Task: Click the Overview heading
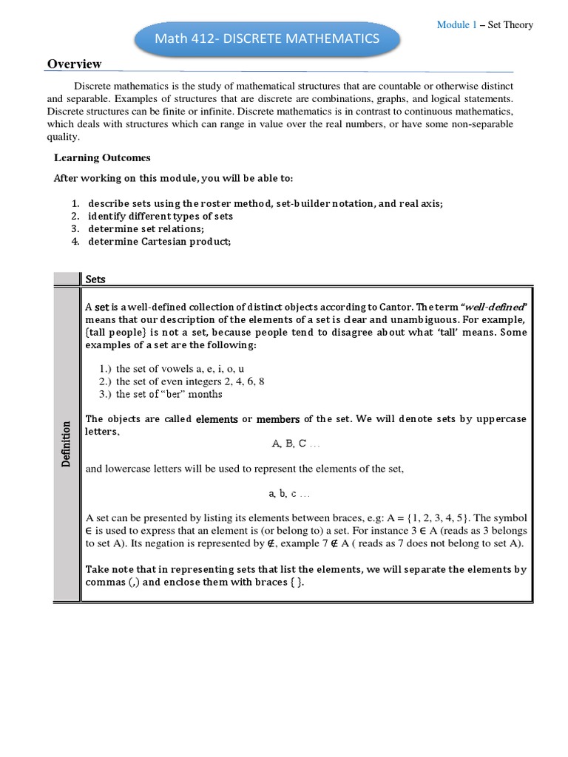pyautogui.click(x=74, y=64)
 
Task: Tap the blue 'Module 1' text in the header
pyautogui.click(x=456, y=24)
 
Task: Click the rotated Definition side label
pyautogui.click(x=66, y=444)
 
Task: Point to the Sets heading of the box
pyautogui.click(x=95, y=279)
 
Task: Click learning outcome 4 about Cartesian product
pyautogui.click(x=159, y=241)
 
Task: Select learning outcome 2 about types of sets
pyautogui.click(x=160, y=216)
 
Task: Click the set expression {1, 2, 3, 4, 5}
pyautogui.click(x=432, y=517)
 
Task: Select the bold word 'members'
pyautogui.click(x=277, y=419)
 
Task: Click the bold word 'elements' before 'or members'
pyautogui.click(x=216, y=419)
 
